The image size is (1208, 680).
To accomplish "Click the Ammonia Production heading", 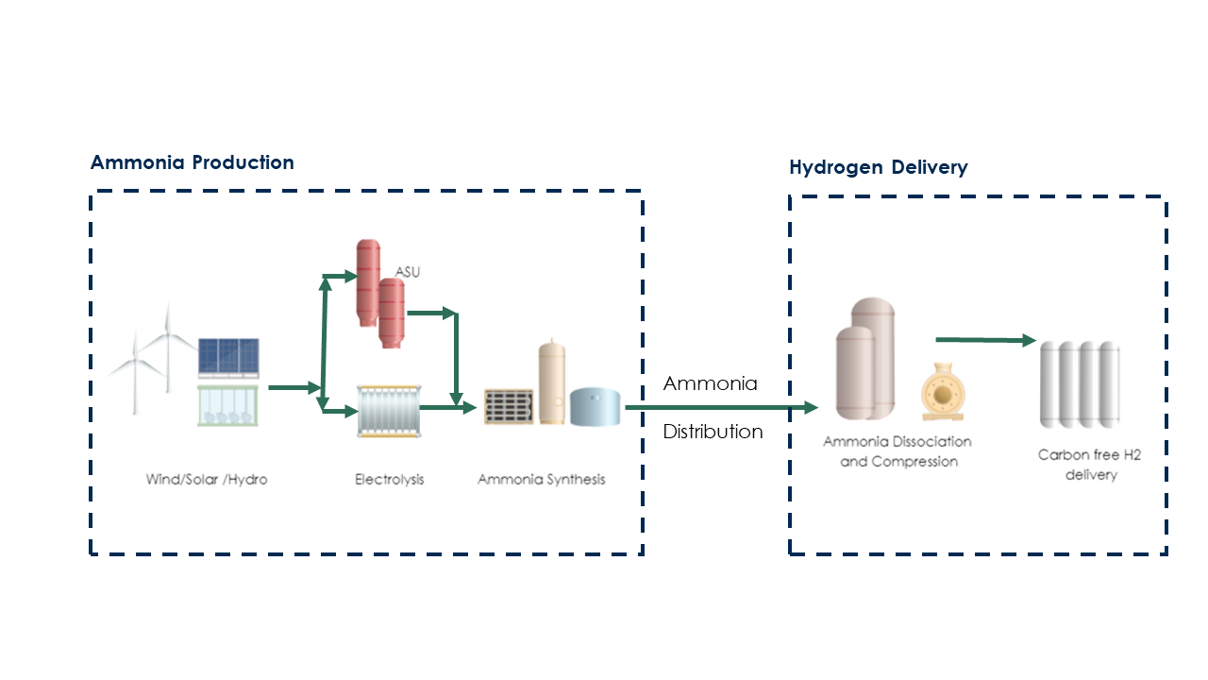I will point(193,162).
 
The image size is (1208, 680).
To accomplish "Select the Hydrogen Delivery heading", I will point(878,168).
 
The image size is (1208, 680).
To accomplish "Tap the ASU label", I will point(408,272).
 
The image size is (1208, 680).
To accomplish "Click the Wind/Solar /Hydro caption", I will point(207,480).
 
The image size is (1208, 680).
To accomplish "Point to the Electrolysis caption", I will point(390,480).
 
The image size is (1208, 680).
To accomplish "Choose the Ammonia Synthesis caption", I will point(542,480).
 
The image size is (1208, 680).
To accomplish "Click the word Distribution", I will point(713,432).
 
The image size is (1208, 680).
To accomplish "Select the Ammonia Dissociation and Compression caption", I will point(898,451).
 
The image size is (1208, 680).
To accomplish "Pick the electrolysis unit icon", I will point(389,411).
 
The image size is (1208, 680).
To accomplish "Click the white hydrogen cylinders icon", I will point(1080,384).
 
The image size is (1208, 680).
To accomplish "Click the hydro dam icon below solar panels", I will point(227,405).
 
